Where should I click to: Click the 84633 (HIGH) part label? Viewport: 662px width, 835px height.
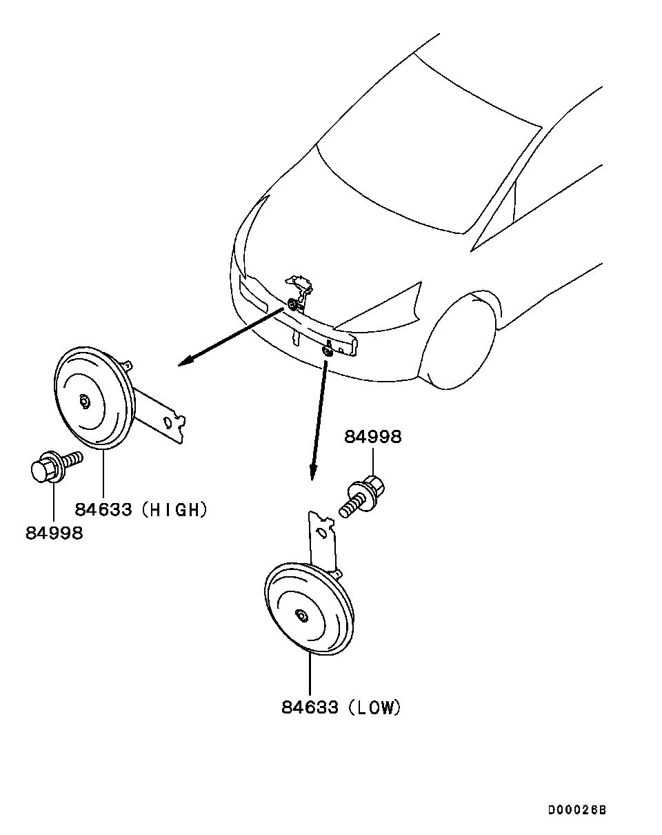(141, 510)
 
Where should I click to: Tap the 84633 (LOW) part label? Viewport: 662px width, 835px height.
(341, 707)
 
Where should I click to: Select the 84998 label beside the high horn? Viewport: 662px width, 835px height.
(54, 533)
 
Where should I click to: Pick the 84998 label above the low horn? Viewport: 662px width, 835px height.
(372, 437)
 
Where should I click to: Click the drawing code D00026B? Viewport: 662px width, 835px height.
(577, 810)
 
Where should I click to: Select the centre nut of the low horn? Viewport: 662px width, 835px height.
(301, 614)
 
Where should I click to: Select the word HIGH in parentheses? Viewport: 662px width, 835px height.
(178, 510)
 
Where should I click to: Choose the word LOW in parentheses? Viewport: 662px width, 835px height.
(374, 707)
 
